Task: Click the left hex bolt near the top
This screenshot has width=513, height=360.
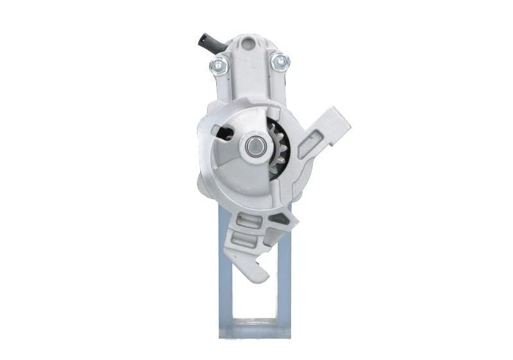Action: (x=219, y=64)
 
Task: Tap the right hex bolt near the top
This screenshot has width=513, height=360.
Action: (x=280, y=62)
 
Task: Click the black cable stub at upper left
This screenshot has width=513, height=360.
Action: (x=209, y=44)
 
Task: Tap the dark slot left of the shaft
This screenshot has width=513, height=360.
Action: (x=225, y=133)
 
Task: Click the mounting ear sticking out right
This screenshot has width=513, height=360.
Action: (x=330, y=129)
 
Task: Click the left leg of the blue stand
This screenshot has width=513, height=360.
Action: (x=225, y=282)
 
